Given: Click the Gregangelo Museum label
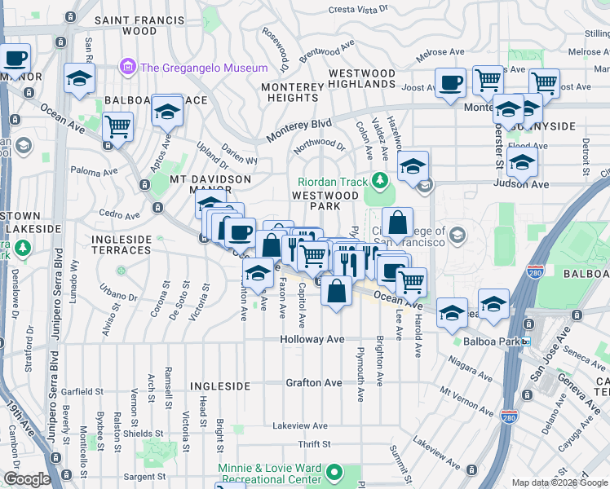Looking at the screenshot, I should pyautogui.click(x=204, y=68).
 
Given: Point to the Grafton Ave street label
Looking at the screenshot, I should pyautogui.click(x=313, y=382).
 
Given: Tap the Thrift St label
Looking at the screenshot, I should pyautogui.click(x=314, y=444).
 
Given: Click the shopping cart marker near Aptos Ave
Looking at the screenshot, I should pyautogui.click(x=118, y=128).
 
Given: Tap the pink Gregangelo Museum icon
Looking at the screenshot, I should pyautogui.click(x=126, y=66).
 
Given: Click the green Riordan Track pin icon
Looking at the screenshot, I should pyautogui.click(x=378, y=179).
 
